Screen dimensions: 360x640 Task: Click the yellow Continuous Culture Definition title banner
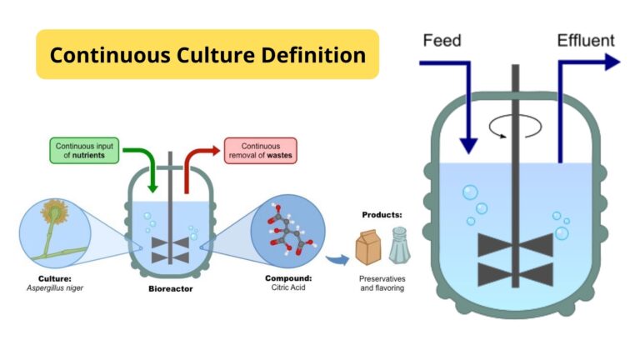tap(207, 55)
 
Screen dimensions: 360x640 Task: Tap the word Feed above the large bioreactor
tap(441, 40)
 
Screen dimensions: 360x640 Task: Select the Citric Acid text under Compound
tap(282, 289)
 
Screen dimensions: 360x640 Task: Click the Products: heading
tap(382, 214)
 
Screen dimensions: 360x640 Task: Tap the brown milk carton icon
tap(367, 247)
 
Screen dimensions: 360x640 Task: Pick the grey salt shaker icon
tap(397, 246)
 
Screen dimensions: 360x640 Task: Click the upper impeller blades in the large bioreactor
tap(515, 245)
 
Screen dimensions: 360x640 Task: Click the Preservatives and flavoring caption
tap(383, 283)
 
